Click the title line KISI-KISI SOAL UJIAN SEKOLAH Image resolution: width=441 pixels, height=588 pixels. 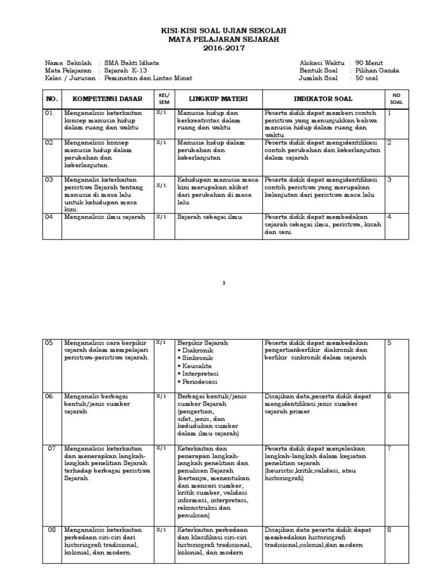223,30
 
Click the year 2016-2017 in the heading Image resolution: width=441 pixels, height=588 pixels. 223,48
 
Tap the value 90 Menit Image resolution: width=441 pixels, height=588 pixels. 369,63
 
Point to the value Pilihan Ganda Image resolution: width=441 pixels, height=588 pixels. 377,71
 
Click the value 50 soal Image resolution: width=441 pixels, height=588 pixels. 367,78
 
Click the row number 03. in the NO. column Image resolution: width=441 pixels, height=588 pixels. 50,179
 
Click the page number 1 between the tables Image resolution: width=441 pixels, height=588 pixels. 224,283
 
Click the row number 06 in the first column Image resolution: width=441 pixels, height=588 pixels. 49,396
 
